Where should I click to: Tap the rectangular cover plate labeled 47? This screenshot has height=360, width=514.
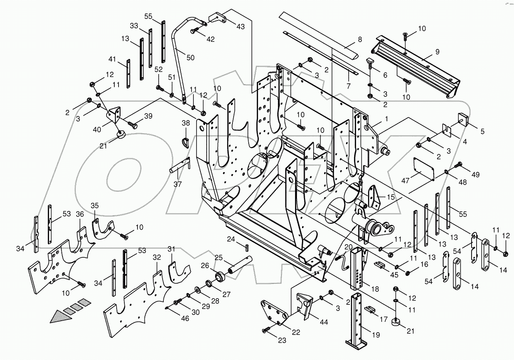(x=424, y=169)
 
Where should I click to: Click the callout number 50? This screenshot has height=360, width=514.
(x=190, y=57)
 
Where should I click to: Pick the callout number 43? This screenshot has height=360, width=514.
(x=240, y=27)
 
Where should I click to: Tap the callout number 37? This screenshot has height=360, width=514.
(x=177, y=184)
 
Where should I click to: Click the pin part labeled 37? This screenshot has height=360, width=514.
(x=180, y=167)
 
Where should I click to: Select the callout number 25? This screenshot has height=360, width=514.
(x=219, y=257)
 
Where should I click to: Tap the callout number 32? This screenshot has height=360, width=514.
(x=157, y=257)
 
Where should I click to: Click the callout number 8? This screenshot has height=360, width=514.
(x=360, y=39)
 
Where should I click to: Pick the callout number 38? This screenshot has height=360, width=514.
(x=186, y=123)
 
